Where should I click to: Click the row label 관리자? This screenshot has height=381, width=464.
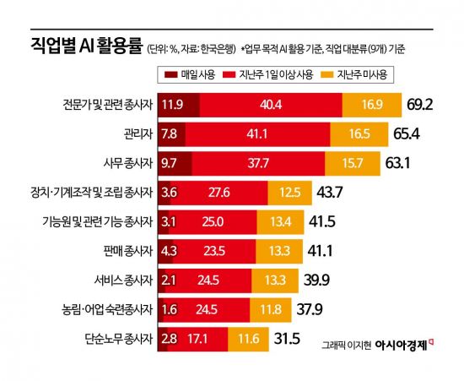(135, 133)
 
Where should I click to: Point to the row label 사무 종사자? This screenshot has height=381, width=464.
(126, 163)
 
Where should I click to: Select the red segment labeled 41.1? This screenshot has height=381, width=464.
(257, 133)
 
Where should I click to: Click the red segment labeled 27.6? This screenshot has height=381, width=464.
(219, 193)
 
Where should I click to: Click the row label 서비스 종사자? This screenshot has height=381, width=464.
(123, 281)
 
